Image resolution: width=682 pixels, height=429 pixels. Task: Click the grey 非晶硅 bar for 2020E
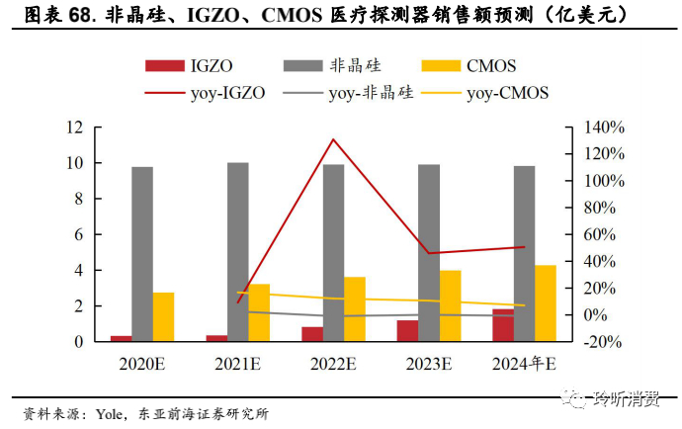point(142,254)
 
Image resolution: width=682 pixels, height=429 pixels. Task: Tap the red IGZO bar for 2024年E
point(503,325)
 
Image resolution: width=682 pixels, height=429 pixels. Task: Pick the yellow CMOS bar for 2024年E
point(546,302)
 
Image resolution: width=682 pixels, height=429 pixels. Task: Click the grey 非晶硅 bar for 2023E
point(429,253)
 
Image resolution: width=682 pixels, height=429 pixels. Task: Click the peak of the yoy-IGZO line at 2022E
point(334,139)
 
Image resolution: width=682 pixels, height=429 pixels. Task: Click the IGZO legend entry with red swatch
point(187,66)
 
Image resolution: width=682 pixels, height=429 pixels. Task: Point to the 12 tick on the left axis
point(73,128)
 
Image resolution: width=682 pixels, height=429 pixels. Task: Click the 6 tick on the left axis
point(77,235)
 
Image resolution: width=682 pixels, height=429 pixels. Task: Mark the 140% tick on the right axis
point(603,128)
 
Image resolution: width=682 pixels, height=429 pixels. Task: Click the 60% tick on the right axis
point(604,235)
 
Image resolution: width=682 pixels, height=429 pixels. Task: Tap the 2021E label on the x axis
point(237,364)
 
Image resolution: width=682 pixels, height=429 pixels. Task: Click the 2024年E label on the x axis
point(524,364)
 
